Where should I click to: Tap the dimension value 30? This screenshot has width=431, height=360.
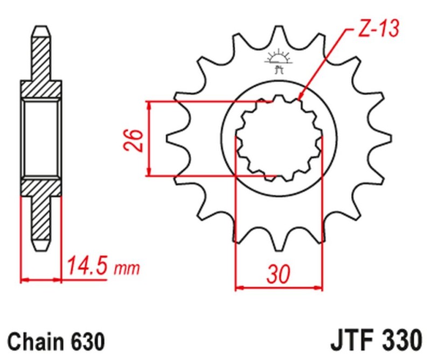tap(279, 274)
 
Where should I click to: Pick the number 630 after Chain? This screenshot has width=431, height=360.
tap(86, 341)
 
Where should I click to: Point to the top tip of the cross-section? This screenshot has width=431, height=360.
tap(41, 27)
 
